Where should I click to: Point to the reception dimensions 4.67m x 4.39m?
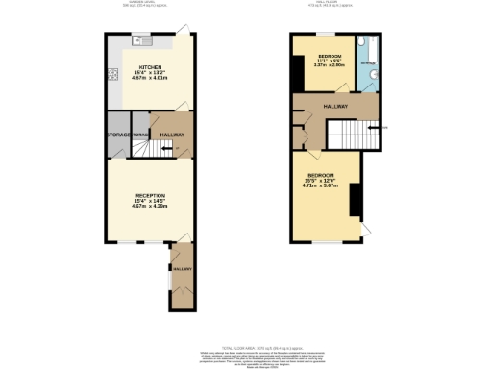click(x=149, y=206)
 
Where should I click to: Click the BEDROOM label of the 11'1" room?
click(x=330, y=55)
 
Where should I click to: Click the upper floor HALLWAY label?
click(x=335, y=104)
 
